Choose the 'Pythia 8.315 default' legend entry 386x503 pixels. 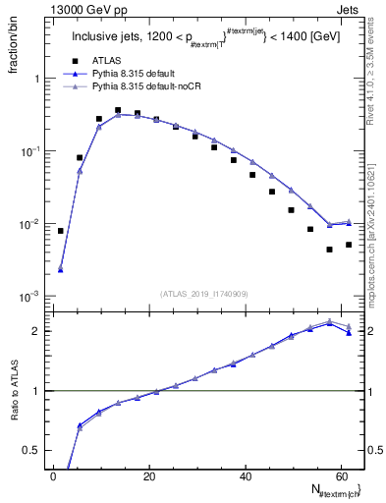[128, 73]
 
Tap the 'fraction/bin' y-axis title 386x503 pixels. [15, 45]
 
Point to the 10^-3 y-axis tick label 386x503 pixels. [29, 297]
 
